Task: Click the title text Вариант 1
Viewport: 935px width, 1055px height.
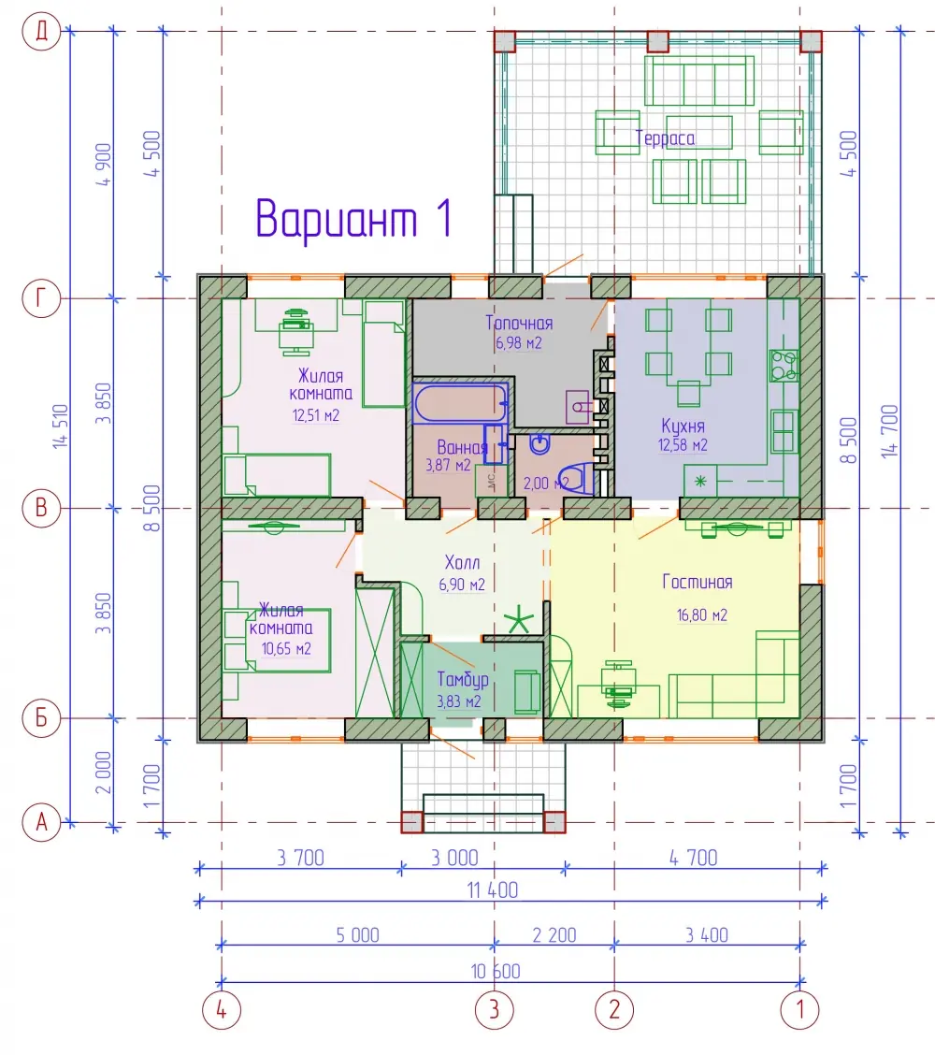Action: tap(353, 219)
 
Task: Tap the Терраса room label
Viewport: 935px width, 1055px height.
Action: tap(666, 137)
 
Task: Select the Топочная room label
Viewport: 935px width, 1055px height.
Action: tap(519, 323)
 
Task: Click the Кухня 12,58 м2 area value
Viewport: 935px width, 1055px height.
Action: tap(683, 445)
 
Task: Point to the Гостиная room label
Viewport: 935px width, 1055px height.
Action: tap(698, 582)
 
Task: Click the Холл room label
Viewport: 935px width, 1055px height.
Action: tap(462, 562)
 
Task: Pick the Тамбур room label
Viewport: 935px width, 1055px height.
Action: tap(463, 680)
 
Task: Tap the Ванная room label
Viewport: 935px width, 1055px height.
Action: tap(462, 447)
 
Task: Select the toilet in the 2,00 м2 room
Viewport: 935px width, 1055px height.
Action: tap(577, 479)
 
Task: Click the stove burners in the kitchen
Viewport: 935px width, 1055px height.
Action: tap(784, 366)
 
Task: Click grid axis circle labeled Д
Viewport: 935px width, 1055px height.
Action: tap(42, 32)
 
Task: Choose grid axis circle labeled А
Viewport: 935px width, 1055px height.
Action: tap(42, 822)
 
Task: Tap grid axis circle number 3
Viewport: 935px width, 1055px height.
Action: tap(495, 1009)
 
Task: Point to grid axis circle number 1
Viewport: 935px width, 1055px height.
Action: tap(799, 1009)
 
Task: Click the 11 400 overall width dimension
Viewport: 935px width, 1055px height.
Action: tap(493, 890)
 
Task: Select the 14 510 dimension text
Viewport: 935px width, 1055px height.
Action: tap(61, 426)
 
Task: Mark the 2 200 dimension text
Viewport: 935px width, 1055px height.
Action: tap(554, 935)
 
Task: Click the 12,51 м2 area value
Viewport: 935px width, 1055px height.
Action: tap(315, 415)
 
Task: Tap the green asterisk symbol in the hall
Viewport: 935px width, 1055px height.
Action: tap(519, 619)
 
